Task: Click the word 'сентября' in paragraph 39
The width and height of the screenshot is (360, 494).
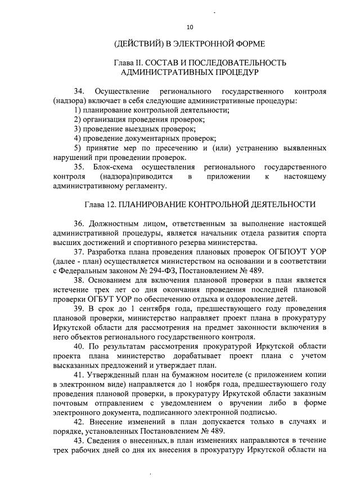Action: [x=153, y=309]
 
